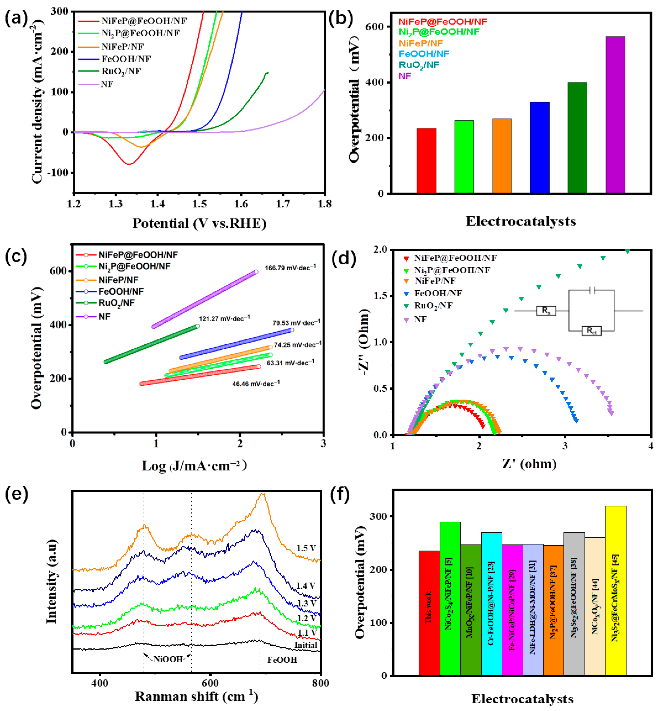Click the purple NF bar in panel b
click(615, 115)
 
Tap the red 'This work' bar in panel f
click(429, 612)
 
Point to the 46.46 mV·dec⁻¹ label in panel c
click(256, 384)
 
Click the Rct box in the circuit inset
click(591, 330)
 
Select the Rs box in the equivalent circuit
click(546, 310)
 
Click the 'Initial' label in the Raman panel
click(305, 645)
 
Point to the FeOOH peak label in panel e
click(282, 660)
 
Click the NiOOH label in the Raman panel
click(168, 659)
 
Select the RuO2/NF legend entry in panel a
click(121, 71)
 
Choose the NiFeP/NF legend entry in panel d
click(435, 281)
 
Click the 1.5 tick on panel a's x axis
click(199, 204)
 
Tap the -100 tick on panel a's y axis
click(58, 173)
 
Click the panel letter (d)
click(343, 258)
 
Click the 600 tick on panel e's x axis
click(210, 683)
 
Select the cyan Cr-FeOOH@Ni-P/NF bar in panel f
click(491, 604)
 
